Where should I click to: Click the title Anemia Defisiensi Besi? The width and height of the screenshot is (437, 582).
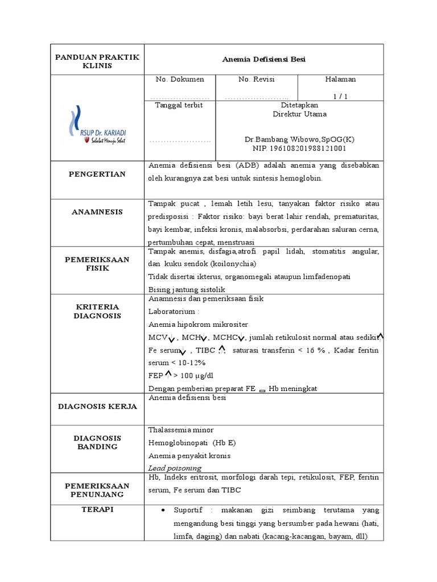point(261,59)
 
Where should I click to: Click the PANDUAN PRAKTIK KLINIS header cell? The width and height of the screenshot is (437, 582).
point(96,60)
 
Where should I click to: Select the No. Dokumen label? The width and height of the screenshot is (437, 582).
point(180,80)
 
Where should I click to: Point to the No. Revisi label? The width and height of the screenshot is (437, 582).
point(256,80)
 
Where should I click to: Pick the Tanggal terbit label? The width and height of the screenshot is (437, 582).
point(179,105)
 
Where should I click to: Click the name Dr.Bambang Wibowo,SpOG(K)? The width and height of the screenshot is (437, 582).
point(299,139)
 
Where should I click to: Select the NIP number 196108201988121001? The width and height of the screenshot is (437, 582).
point(299,148)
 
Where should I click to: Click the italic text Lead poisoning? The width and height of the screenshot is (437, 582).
point(175,468)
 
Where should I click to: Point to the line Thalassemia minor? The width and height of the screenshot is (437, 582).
point(181,430)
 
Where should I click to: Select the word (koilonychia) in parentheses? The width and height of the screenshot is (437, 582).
point(233,264)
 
